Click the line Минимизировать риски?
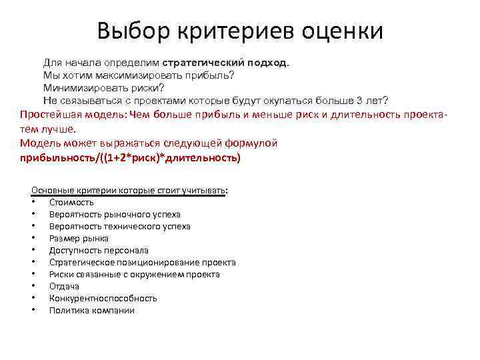point(103,87)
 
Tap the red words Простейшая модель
point(73,114)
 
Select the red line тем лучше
point(48,129)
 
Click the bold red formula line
point(130,158)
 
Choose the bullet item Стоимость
point(71,203)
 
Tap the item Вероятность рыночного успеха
point(115,215)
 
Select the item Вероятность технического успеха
point(119,227)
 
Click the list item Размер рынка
point(79,239)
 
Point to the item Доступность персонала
point(97,251)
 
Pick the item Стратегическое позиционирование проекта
point(142,263)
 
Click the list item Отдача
point(64,287)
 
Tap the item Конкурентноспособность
point(103,299)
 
